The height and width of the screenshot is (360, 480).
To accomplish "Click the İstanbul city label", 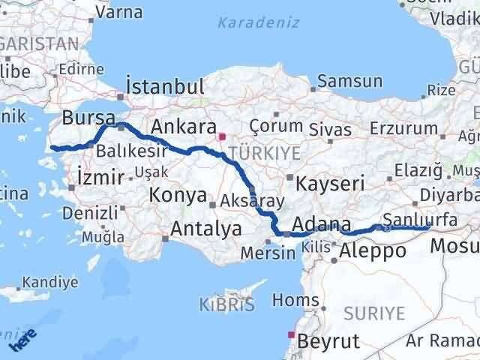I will [x=166, y=86].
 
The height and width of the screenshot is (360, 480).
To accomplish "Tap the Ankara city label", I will [x=184, y=126].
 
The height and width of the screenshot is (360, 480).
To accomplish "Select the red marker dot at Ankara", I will [x=222, y=137].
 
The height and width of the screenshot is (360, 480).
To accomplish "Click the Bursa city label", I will [x=88, y=117].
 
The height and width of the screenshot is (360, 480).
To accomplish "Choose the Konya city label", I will [x=178, y=195].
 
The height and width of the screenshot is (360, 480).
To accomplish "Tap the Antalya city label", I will [x=207, y=228].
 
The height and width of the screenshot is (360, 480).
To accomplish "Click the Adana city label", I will [x=322, y=224].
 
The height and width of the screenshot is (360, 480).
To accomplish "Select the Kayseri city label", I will [x=330, y=183].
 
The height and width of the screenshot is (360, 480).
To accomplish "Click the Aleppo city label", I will [x=373, y=251].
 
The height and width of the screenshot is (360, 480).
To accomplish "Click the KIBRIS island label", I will [x=226, y=304].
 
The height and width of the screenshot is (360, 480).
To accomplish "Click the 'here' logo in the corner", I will [x=22, y=340].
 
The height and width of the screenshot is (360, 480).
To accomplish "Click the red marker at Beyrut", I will [x=290, y=334].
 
